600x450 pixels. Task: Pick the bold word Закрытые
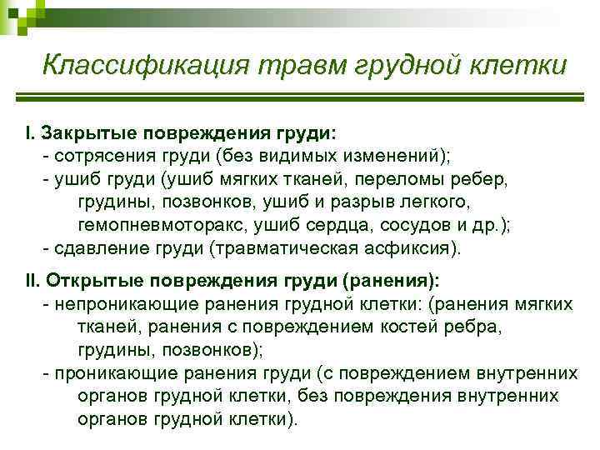tap(88, 132)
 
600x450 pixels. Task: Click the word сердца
tap(348, 226)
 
